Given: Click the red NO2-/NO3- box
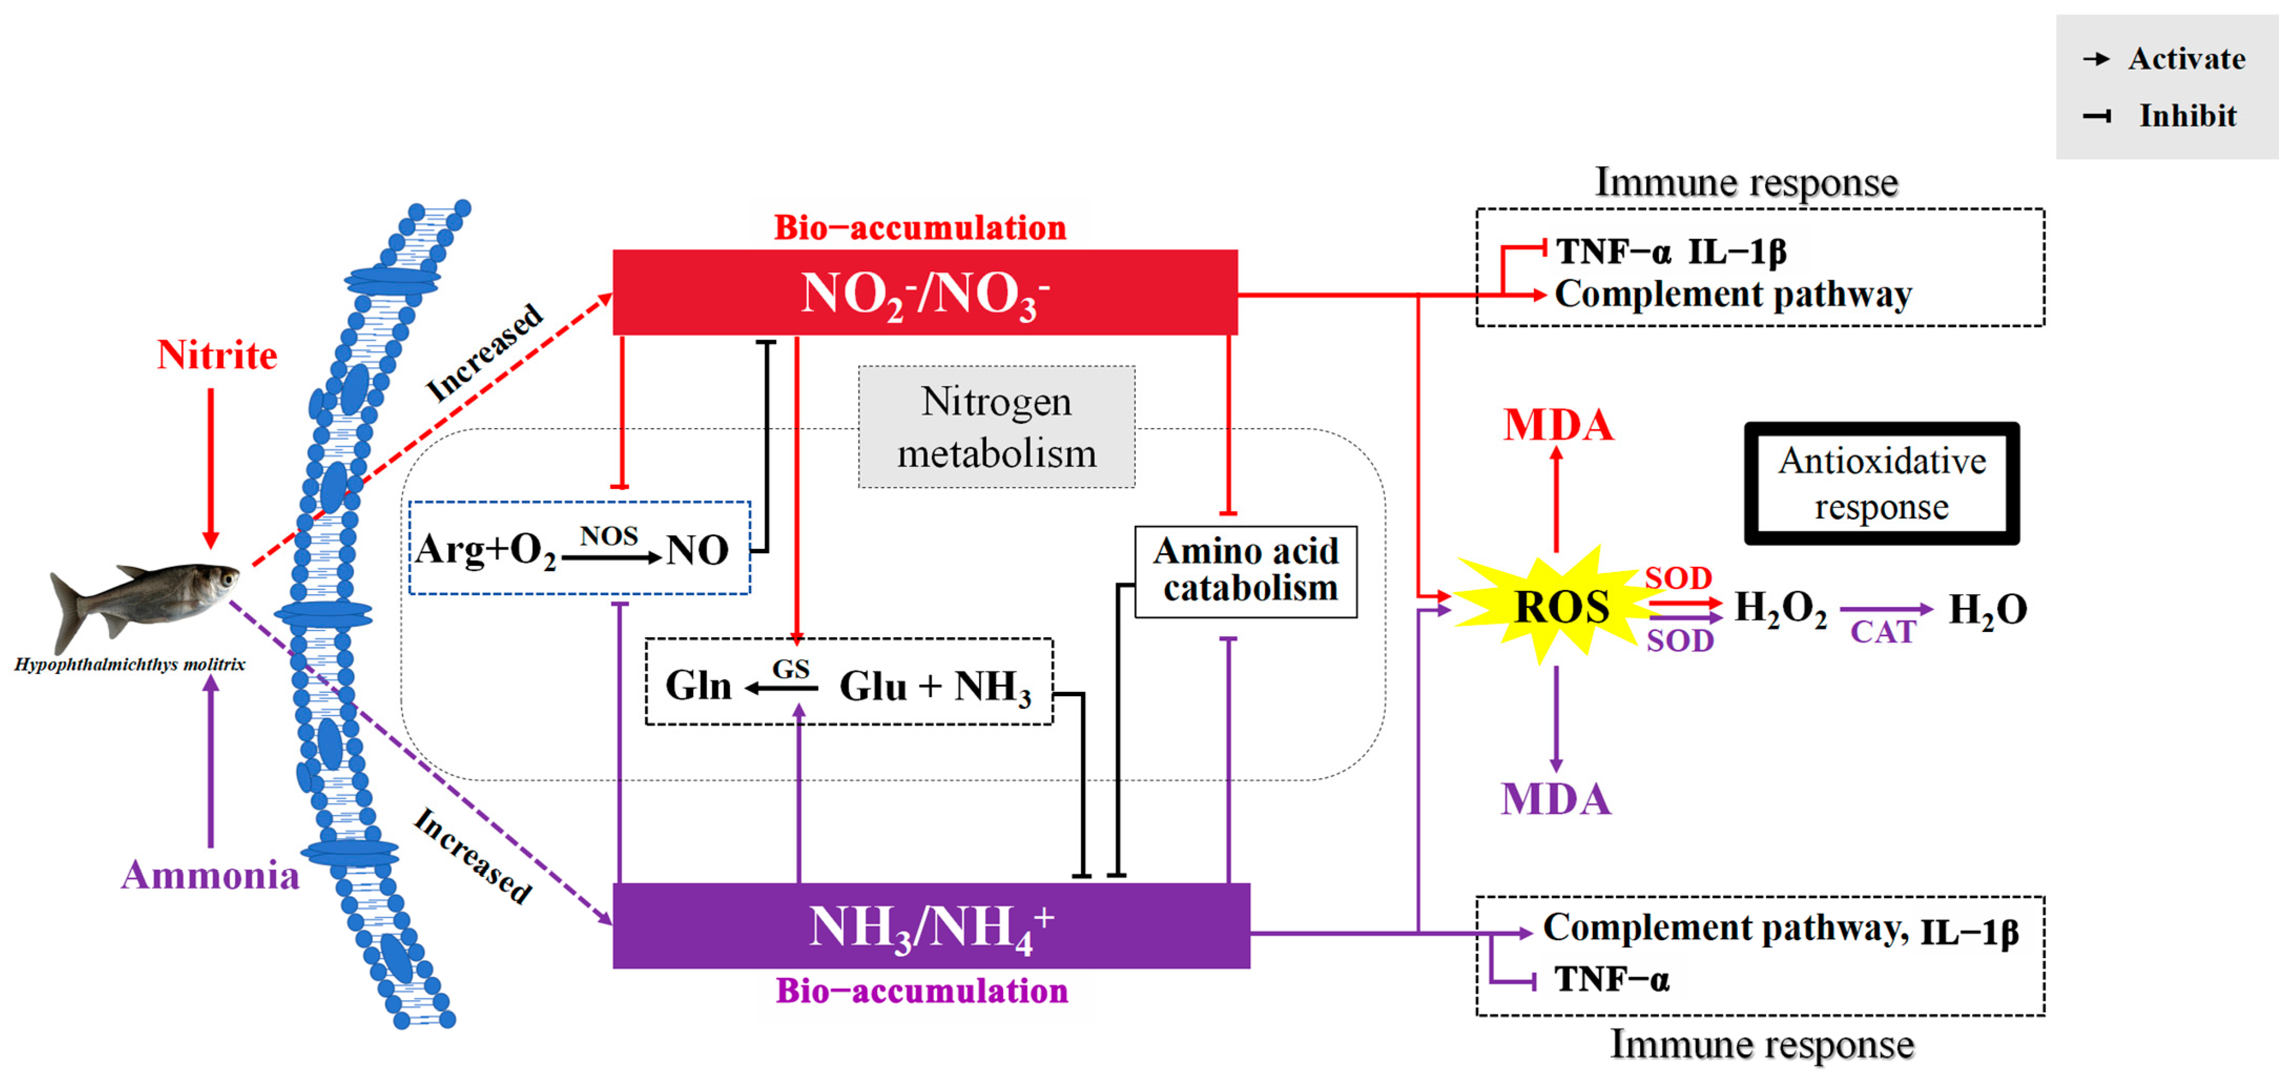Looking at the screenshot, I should coord(925,292).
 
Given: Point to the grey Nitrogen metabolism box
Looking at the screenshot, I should coord(996,427).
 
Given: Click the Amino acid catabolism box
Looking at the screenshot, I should coord(1246,572).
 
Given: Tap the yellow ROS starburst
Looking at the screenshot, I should coord(1561,607).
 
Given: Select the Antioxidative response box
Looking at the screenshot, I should coord(1882,484).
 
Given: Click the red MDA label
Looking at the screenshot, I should coord(1558,425).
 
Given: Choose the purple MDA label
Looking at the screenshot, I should coord(1556,799).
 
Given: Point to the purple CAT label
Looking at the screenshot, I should coord(1883,633).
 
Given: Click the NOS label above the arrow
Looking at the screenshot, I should coord(608,536).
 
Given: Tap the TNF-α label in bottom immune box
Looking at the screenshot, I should coord(1611,980).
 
